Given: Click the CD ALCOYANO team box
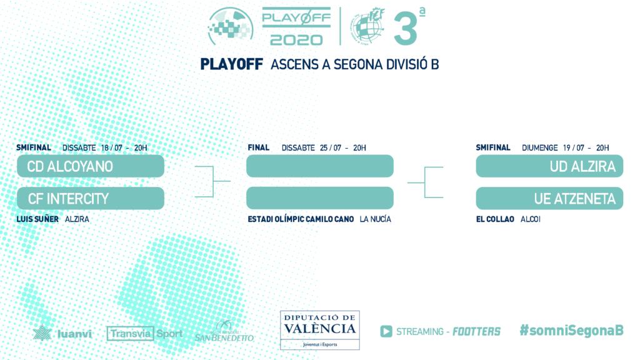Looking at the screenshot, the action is coord(91,166).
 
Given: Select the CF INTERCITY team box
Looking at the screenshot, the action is coord(91,198).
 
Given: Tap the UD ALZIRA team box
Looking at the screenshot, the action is coord(549,166).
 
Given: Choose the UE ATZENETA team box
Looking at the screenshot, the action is coord(549,198).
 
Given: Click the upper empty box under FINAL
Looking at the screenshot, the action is coord(320,166).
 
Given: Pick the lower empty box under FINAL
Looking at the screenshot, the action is coord(320,198).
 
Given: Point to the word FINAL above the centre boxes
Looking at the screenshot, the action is coord(258,147).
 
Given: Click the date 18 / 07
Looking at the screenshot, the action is coord(111,147).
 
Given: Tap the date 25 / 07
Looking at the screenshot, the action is coord(331,147).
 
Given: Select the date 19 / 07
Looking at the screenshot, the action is coord(574,147).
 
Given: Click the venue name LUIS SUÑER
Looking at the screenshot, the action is coord(37,219).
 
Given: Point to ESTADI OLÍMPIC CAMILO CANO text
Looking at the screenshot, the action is coord(301,219).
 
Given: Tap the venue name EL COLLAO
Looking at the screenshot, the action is coord(495,219).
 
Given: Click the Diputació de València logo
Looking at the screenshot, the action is coord(320,330).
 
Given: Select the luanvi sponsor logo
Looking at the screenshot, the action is coord(62,333).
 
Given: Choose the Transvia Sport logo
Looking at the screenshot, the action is coord(144,334).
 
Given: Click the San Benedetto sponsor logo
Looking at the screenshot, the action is coord(224,331).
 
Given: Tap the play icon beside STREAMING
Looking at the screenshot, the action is coord(386,331).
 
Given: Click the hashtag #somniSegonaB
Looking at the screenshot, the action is coord(571,330).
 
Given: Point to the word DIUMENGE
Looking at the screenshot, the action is coord(539,147).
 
